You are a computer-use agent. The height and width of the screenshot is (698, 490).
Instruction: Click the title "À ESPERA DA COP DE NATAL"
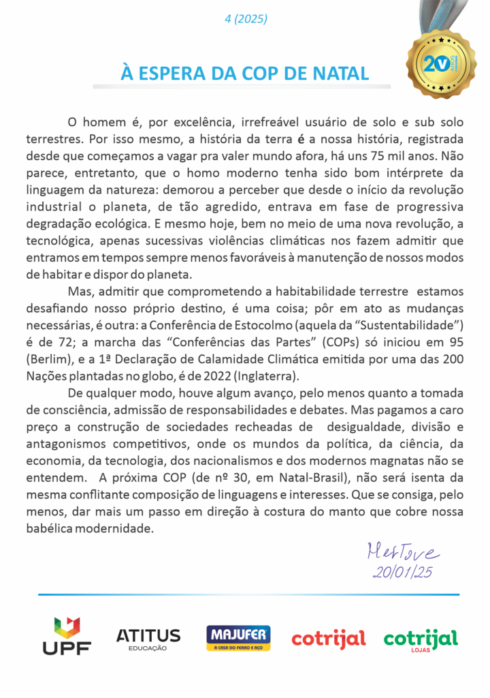click(x=245, y=73)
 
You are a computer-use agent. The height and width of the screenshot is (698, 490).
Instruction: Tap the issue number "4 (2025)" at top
click(x=246, y=19)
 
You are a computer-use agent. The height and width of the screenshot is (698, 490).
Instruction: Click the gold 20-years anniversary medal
click(x=440, y=65)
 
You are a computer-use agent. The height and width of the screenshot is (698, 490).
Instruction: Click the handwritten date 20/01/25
click(x=402, y=573)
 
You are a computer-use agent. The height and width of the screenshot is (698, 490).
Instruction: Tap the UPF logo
click(x=67, y=638)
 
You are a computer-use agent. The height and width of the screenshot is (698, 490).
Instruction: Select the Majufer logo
click(x=238, y=638)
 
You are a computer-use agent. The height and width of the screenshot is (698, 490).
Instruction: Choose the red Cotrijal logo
click(x=329, y=639)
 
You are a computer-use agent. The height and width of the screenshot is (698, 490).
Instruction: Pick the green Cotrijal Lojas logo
click(x=420, y=639)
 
